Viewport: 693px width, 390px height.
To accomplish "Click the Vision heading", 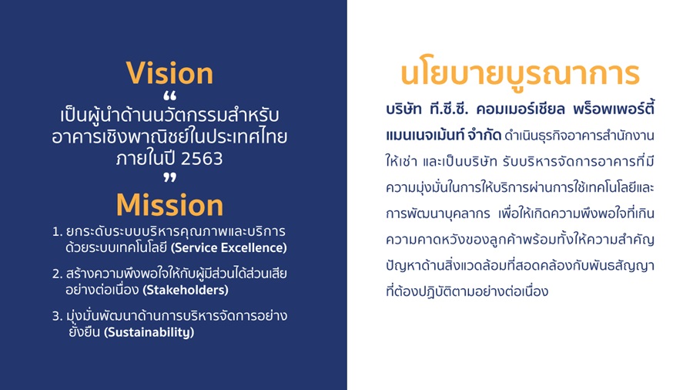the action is click(169, 73).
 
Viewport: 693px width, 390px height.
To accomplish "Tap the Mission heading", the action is click(169, 205).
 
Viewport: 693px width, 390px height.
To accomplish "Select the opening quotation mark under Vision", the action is click(169, 96).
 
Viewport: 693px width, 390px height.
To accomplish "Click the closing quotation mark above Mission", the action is click(169, 178).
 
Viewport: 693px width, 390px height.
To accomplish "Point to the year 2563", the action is click(202, 159).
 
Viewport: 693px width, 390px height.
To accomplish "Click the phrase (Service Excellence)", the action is click(229, 247).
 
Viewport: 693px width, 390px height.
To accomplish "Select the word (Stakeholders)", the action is click(186, 290).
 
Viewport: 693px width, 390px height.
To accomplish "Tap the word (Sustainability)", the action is click(149, 332).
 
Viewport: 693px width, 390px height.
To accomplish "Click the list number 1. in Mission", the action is click(57, 232).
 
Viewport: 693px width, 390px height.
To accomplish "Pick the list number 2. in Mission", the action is click(57, 274).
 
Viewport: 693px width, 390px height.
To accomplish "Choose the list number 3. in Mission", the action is click(57, 316).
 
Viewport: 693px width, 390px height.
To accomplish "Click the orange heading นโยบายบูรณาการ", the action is click(521, 73).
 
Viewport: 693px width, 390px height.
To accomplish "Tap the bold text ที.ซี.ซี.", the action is click(449, 109).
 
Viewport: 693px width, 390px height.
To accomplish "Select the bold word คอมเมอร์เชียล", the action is click(521, 109).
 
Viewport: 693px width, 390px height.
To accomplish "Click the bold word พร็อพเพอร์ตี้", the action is click(614, 109).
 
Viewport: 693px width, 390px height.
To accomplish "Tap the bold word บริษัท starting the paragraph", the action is click(403, 109).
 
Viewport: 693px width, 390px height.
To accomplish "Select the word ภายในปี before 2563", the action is click(146, 158).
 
